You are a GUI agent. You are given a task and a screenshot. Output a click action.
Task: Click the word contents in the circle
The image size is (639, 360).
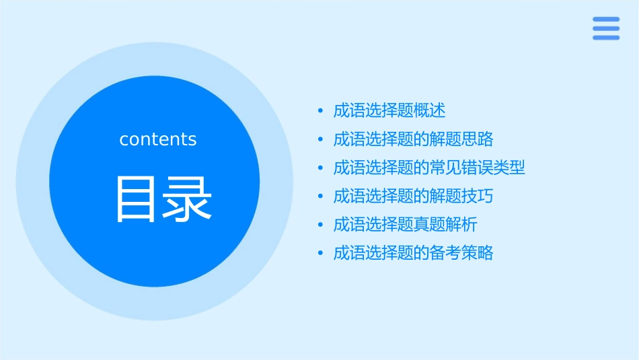tap(158, 139)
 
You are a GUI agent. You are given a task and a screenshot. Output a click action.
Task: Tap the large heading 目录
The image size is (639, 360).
tap(164, 199)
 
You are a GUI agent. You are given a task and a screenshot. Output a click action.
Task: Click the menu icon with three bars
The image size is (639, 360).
tap(605, 28)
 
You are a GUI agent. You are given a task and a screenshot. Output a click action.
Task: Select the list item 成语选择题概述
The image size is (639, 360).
tap(389, 110)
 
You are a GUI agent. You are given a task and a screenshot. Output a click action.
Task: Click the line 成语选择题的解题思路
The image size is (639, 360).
tap(413, 139)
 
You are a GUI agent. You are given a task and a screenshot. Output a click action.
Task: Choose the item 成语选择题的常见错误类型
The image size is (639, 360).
tap(429, 168)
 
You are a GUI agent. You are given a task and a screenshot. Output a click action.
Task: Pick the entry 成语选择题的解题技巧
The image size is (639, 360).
tap(413, 196)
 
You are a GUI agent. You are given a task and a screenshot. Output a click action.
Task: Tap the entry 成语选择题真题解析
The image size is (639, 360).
tap(406, 225)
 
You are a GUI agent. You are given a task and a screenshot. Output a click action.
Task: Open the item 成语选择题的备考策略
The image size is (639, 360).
tap(413, 253)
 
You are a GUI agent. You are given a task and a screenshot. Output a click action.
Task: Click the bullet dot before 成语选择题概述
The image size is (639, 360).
tap(320, 111)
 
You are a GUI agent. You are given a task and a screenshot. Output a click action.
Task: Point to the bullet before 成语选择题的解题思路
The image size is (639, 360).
tap(320, 139)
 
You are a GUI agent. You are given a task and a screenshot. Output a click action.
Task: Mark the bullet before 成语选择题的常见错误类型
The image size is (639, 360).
tap(320, 168)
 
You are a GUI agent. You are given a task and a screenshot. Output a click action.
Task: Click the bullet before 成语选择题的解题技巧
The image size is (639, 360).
tap(320, 196)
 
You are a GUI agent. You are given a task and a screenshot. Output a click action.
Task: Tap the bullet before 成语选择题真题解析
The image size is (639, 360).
tap(320, 225)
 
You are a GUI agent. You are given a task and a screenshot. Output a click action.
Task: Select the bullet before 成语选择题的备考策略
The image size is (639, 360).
tap(320, 254)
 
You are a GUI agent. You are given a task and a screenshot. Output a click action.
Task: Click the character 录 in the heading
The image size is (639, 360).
tap(189, 199)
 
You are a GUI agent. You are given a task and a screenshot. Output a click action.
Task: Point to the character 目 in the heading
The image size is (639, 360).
tap(138, 199)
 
